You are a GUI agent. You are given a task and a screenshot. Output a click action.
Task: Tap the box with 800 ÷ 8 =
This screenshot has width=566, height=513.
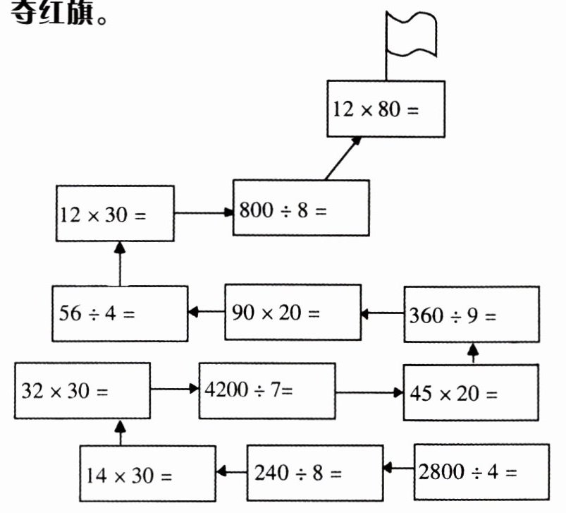point(301,207)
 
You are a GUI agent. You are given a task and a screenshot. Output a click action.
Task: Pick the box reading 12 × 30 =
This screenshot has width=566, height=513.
point(115,213)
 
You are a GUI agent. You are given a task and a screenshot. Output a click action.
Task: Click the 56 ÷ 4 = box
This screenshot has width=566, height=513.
point(120,313)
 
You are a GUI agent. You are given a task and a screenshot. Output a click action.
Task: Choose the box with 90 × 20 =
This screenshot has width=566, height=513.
point(293,312)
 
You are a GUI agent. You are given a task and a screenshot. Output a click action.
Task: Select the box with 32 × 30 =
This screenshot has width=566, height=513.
point(82,390)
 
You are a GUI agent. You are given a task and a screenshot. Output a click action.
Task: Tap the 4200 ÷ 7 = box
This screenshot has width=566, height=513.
point(266,390)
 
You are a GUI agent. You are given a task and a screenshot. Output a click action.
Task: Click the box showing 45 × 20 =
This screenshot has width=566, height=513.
point(470,392)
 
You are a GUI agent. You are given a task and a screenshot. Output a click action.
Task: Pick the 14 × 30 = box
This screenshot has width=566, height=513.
point(147,473)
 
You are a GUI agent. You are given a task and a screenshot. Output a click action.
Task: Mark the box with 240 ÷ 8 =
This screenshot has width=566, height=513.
point(314,471)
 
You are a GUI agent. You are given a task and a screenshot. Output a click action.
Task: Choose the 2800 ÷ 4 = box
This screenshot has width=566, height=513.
point(481,471)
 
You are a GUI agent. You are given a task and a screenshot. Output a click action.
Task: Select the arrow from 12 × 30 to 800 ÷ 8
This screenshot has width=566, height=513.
point(203,211)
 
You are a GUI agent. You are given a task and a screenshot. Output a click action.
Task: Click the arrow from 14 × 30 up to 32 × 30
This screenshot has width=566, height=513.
point(120,433)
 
